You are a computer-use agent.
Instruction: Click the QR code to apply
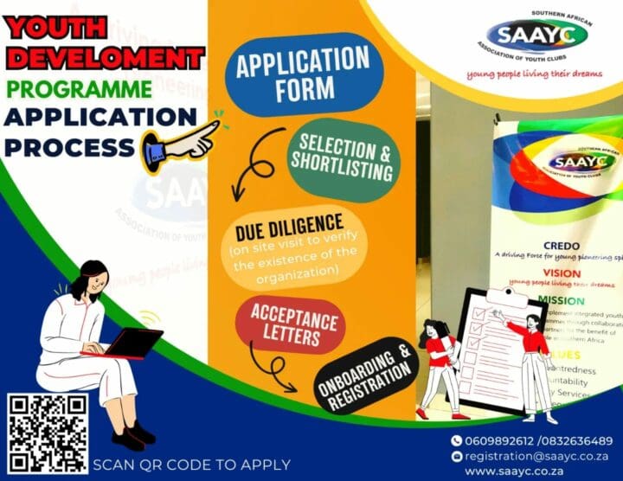coord(48,433)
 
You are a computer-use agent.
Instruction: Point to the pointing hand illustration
coord(181,143)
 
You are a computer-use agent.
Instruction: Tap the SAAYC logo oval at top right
coord(526,35)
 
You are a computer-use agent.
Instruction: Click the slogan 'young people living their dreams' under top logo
coord(532,74)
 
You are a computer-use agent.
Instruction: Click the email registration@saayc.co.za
coord(537,455)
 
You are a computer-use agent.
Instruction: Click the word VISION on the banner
coord(562,272)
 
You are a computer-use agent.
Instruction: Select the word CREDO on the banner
coord(562,245)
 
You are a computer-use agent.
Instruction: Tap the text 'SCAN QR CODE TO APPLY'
coord(191,464)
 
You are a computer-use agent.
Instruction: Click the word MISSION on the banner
coord(562,299)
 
